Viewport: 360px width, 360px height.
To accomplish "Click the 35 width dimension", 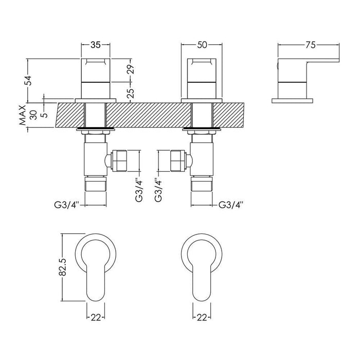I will tap(96, 45).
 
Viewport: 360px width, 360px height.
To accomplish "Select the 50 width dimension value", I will tap(202, 45).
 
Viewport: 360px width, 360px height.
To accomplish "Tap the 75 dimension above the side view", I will tap(310, 45).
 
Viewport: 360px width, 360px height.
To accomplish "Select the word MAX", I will tap(23, 116).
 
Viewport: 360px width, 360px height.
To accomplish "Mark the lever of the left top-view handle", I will tap(96, 280).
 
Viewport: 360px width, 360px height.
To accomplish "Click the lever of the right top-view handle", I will tap(203, 280).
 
